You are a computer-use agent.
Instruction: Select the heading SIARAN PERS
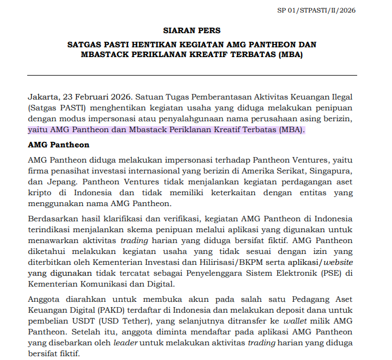coord(192,30)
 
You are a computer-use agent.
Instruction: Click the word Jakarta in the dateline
coord(43,96)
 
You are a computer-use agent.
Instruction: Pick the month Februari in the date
coord(93,96)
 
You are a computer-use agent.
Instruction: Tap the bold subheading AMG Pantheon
coord(58,145)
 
